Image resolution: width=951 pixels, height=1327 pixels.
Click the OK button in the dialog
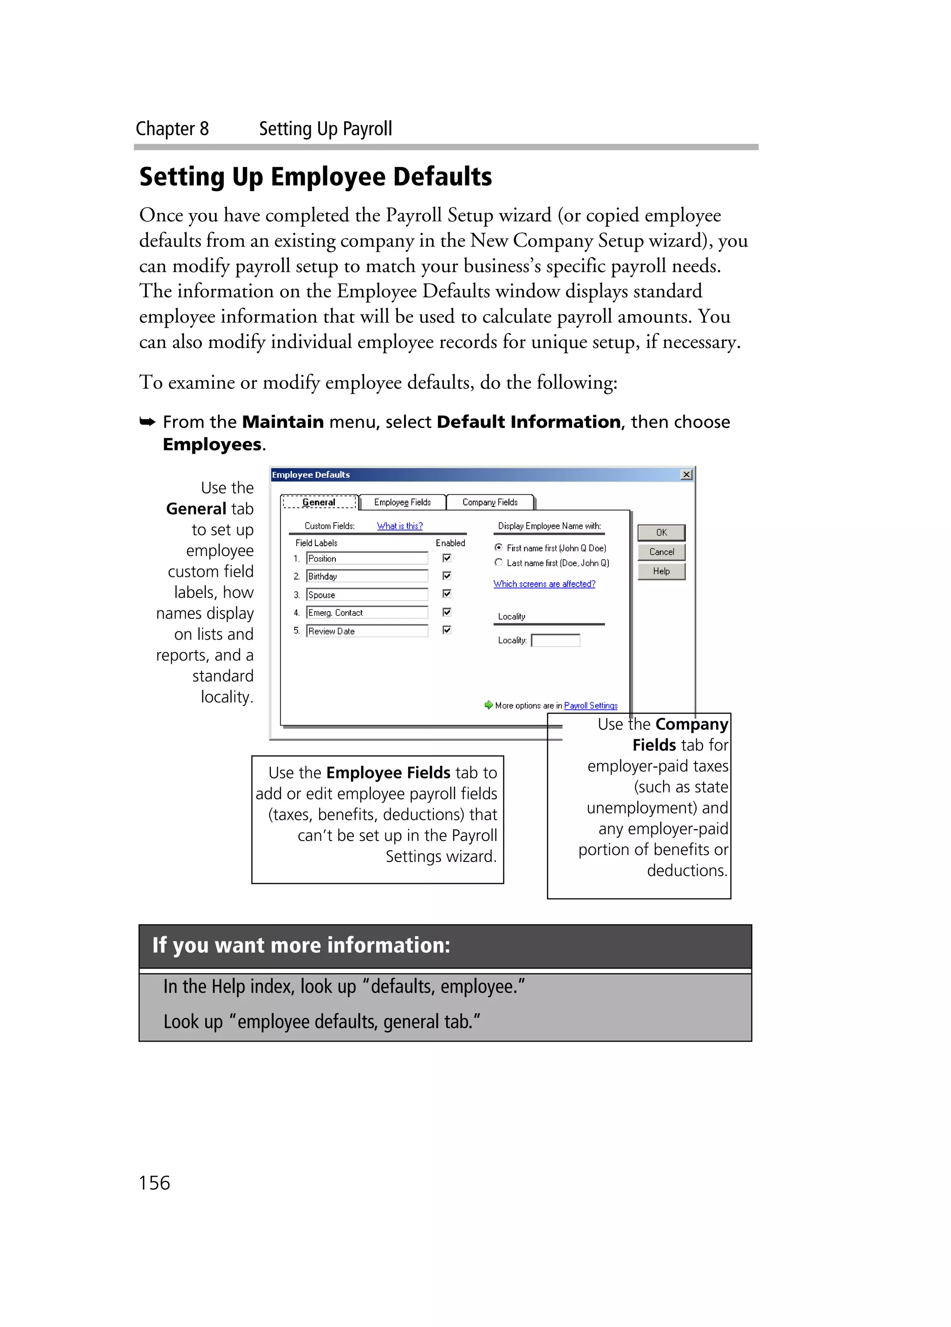(x=661, y=532)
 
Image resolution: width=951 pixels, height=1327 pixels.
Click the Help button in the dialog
(x=661, y=571)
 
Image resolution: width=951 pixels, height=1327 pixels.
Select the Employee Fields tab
(x=402, y=502)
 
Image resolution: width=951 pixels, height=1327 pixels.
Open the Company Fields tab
(x=490, y=502)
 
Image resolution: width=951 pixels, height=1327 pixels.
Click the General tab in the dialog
(x=319, y=502)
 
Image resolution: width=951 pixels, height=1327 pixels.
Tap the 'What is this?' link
(x=400, y=526)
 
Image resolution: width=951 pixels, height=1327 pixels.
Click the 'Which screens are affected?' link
(x=544, y=584)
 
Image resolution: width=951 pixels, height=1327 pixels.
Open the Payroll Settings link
(x=591, y=706)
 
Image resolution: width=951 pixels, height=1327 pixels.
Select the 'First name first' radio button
(x=499, y=548)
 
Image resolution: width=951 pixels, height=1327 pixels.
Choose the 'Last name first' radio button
(x=499, y=562)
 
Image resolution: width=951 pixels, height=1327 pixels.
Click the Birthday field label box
(x=367, y=576)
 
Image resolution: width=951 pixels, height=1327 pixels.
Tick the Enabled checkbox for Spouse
(x=447, y=594)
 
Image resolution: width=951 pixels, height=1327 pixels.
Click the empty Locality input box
(x=555, y=641)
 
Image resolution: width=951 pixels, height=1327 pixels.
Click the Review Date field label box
(x=367, y=631)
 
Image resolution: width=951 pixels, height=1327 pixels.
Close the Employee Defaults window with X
(x=686, y=474)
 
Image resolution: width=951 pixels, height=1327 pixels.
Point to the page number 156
(x=155, y=1183)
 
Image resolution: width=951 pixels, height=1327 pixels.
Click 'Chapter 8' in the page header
(x=172, y=129)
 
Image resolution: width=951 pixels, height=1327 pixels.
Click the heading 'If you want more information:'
(x=301, y=945)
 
